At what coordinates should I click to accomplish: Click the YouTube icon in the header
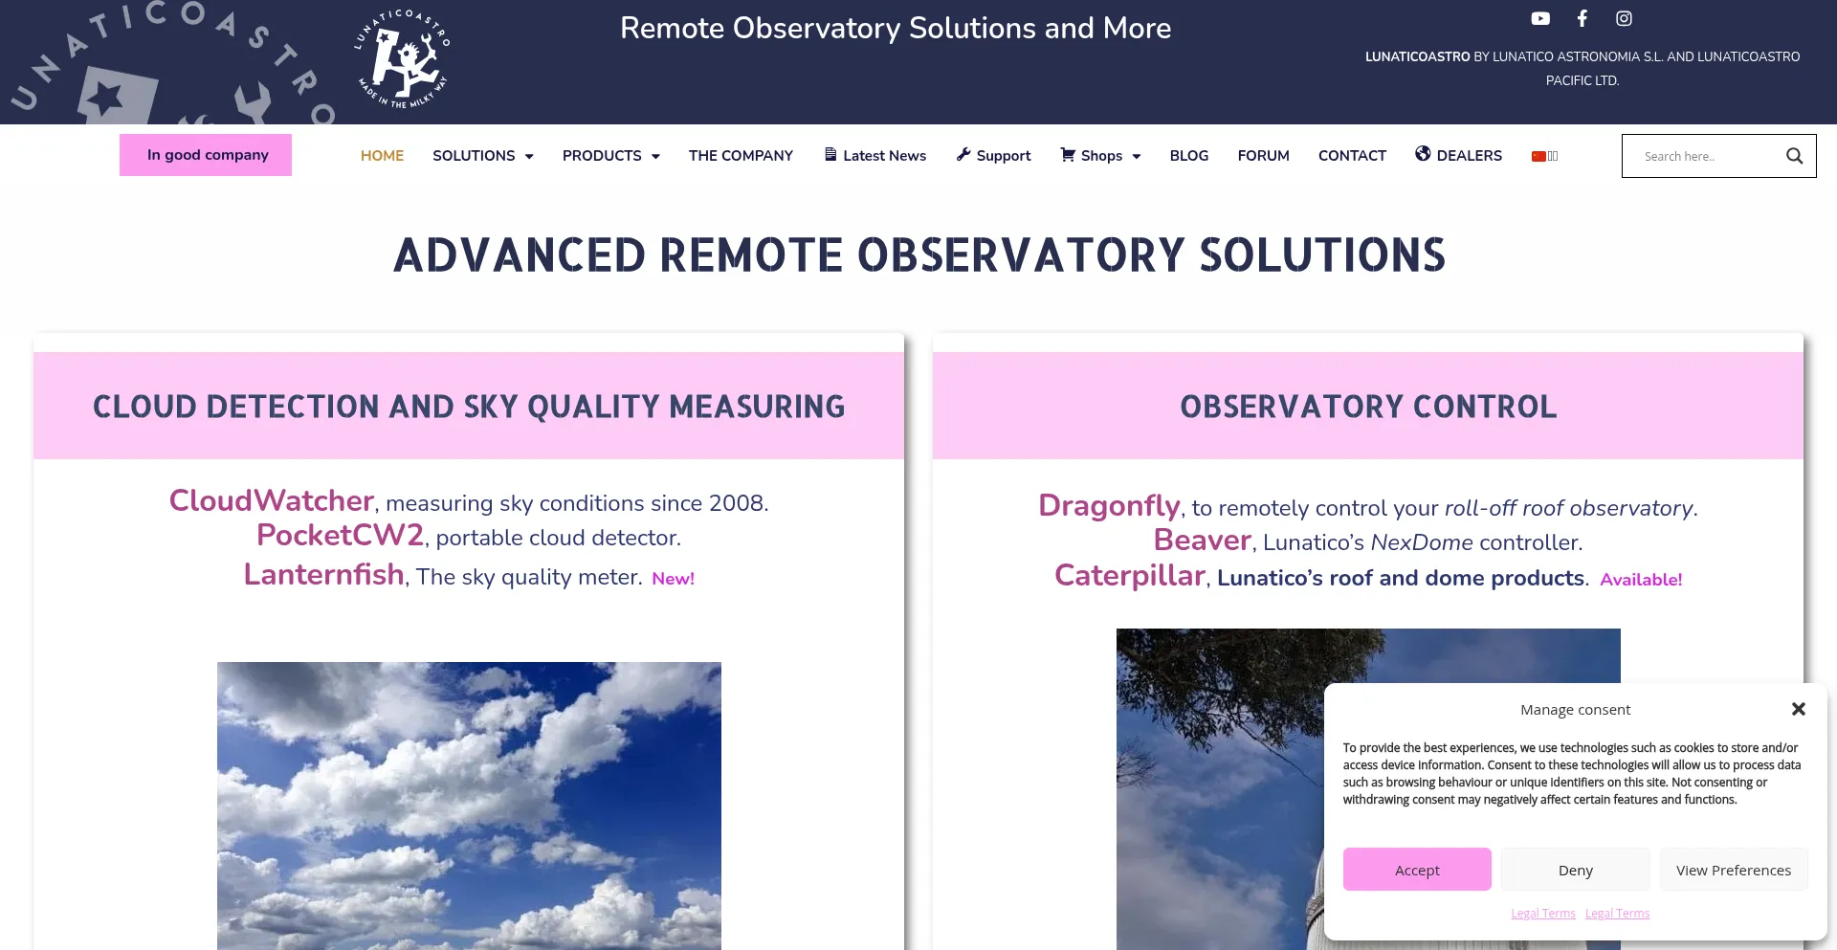tap(1540, 18)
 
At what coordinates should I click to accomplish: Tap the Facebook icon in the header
tap(1582, 18)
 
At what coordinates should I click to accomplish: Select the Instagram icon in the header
tap(1624, 18)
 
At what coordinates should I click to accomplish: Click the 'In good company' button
tap(206, 155)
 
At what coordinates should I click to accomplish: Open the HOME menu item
tap(382, 156)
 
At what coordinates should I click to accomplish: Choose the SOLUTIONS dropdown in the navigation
tap(483, 156)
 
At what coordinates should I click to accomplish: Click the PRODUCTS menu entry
tap(611, 156)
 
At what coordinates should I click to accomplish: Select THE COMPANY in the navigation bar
tap(741, 156)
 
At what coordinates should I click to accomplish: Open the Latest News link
tap(874, 156)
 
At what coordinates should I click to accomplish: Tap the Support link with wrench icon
tap(993, 156)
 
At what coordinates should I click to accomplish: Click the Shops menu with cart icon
tap(1100, 156)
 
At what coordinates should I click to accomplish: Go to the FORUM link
tap(1263, 156)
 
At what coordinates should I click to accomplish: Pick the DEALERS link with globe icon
tap(1458, 155)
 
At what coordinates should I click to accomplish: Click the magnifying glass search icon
tap(1795, 156)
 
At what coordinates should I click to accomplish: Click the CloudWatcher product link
tap(271, 500)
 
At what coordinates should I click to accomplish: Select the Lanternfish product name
tap(323, 574)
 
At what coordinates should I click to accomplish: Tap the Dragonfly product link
tap(1109, 505)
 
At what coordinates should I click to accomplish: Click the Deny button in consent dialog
tap(1575, 870)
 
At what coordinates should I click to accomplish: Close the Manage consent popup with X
tap(1799, 709)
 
